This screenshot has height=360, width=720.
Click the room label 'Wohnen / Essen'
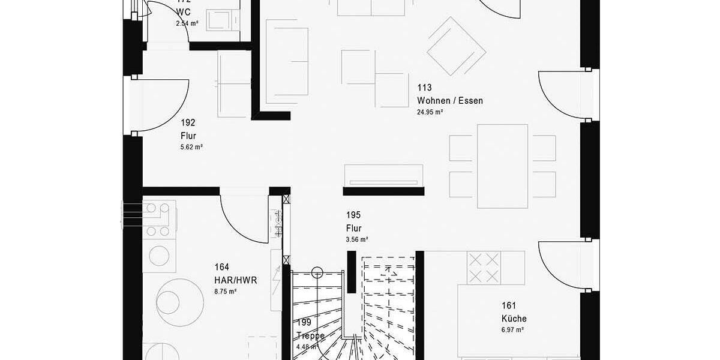pos(450,101)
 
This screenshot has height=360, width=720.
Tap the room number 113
pos(425,88)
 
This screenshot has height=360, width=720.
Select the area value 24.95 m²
pos(430,112)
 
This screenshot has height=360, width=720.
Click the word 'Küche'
pos(514,319)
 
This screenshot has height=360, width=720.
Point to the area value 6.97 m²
pos(513,330)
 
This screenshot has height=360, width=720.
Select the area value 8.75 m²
pos(225,291)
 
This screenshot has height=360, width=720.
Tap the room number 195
pos(353,215)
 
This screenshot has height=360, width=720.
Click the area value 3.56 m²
pos(356,239)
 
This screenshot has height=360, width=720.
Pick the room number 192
pos(188,123)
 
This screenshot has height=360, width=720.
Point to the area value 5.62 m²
pos(191,147)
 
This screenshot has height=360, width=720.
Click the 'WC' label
pos(183,13)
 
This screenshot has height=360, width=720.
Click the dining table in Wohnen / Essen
pos(502,161)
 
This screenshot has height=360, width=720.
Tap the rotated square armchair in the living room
pos(456,46)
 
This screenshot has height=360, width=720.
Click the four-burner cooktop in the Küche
pos(484,268)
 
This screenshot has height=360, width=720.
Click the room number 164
pos(221,267)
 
